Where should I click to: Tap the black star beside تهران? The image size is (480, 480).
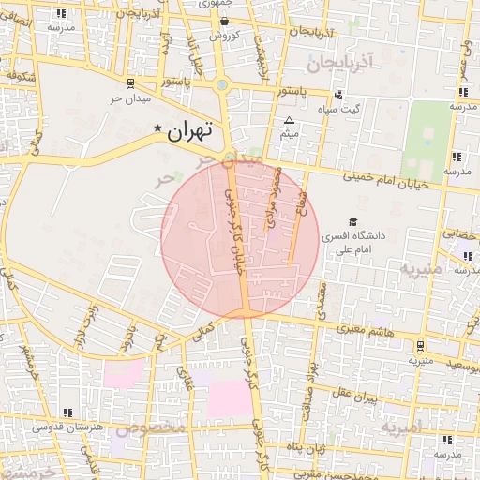[157, 128]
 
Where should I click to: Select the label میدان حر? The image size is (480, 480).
[130, 97]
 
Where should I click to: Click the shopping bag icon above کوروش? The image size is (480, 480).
[225, 21]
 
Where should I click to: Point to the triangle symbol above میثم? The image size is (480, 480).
[289, 121]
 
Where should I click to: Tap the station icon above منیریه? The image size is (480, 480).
[420, 344]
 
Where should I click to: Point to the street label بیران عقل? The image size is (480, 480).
[357, 397]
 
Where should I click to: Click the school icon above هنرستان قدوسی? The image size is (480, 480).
[67, 412]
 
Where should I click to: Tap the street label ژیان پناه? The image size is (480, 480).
[307, 448]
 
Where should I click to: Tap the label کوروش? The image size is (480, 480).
[225, 35]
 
